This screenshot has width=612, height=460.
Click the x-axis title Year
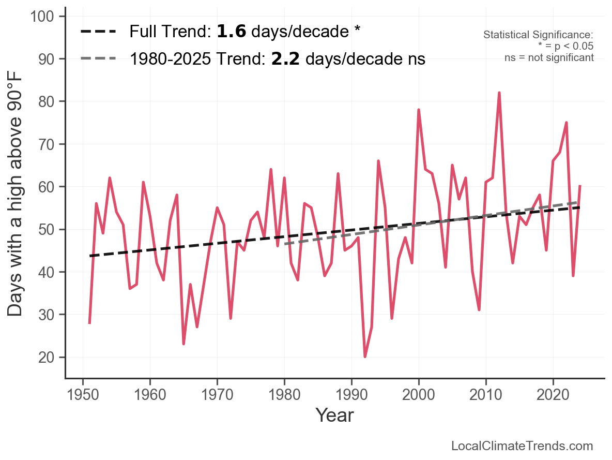tap(334, 415)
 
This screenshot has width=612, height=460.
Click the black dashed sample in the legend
tap(98, 32)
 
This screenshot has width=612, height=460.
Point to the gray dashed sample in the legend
tap(98, 59)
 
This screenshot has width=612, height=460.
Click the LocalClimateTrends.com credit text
tap(522, 446)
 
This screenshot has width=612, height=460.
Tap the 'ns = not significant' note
tap(549, 57)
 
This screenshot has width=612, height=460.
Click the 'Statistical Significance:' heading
tap(538, 35)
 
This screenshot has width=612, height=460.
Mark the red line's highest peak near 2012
tap(499, 93)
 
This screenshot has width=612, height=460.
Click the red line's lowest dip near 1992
tap(365, 357)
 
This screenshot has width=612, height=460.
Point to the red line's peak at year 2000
tap(419, 110)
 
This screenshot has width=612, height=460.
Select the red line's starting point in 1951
tap(89, 323)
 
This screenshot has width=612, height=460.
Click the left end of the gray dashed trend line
tap(285, 243)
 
